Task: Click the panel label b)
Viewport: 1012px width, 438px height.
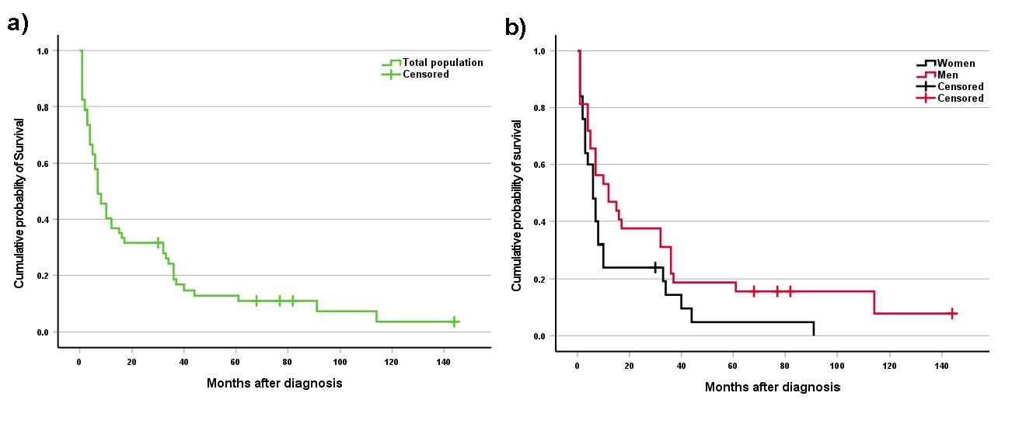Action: pos(515,28)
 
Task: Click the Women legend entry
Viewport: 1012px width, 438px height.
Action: pos(955,64)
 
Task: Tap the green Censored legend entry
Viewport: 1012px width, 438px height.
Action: pos(425,75)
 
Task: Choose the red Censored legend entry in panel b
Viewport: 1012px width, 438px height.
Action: pos(960,99)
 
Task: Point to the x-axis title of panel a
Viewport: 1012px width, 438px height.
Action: pos(274,383)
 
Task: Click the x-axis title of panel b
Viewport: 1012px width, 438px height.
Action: pos(772,386)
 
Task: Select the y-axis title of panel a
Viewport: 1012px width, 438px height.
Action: pos(19,204)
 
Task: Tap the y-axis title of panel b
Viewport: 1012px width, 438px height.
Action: pos(517,207)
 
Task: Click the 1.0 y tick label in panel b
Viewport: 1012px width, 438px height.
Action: pos(539,51)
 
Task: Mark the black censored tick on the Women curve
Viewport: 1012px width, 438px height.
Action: pos(655,267)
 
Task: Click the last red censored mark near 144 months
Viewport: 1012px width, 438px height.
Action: pos(952,313)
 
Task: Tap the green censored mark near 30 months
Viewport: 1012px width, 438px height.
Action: pos(158,243)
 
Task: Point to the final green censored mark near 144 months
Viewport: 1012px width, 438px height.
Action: pos(454,322)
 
